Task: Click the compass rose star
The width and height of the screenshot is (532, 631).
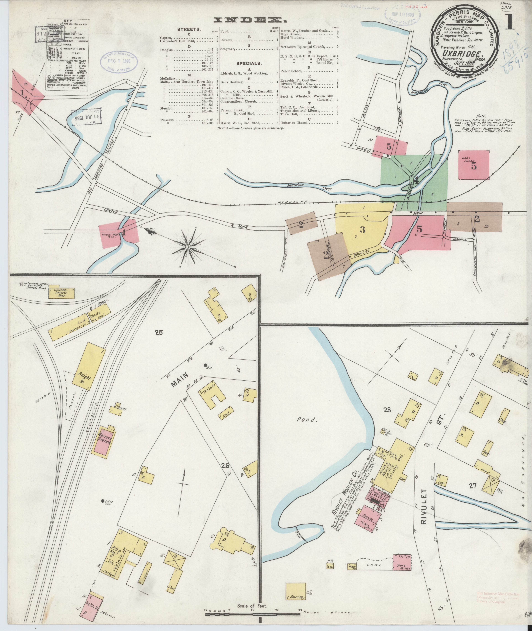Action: [x=188, y=247]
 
